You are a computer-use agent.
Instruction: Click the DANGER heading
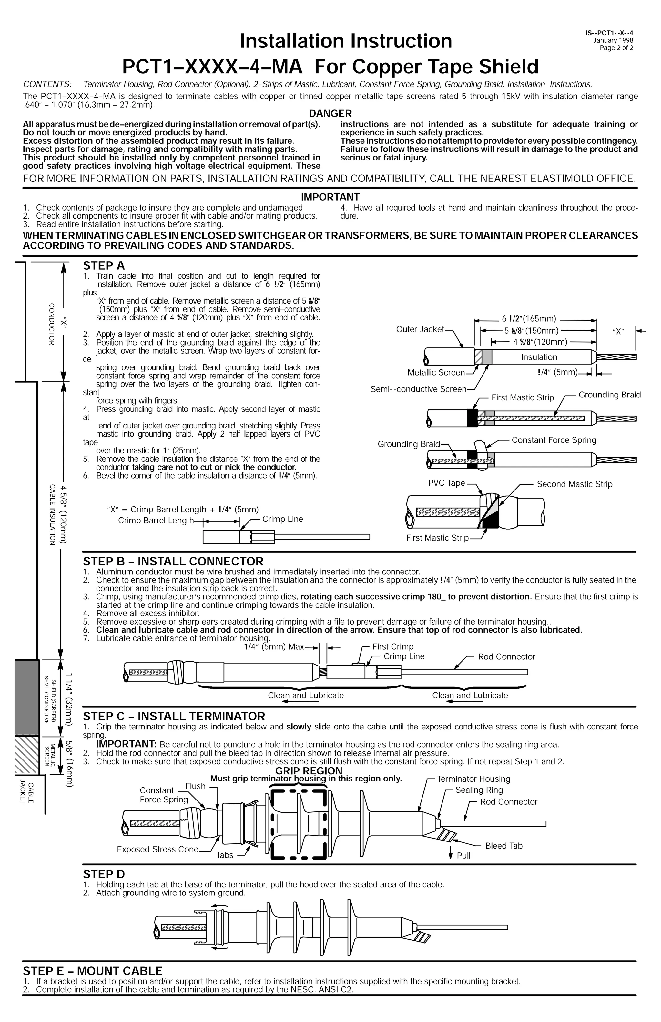(x=330, y=113)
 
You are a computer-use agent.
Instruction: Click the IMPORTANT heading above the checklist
(x=330, y=197)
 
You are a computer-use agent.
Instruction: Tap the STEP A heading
(x=104, y=266)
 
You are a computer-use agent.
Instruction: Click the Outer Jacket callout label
(x=420, y=329)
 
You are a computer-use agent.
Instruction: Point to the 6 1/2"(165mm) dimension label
(x=529, y=319)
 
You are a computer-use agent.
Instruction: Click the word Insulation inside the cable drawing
(x=539, y=357)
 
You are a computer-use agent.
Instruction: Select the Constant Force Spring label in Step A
(x=554, y=440)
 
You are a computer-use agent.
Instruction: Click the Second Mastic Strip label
(x=574, y=484)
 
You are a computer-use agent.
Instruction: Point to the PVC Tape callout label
(x=446, y=483)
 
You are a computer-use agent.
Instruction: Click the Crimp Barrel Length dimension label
(x=156, y=521)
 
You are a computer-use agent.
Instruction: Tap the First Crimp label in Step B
(x=393, y=647)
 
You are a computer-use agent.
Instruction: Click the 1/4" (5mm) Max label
(x=274, y=647)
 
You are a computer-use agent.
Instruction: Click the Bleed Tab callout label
(x=503, y=846)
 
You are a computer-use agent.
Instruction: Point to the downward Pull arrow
(x=451, y=854)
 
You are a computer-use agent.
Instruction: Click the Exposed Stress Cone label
(x=158, y=849)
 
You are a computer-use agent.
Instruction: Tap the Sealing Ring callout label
(x=479, y=790)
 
